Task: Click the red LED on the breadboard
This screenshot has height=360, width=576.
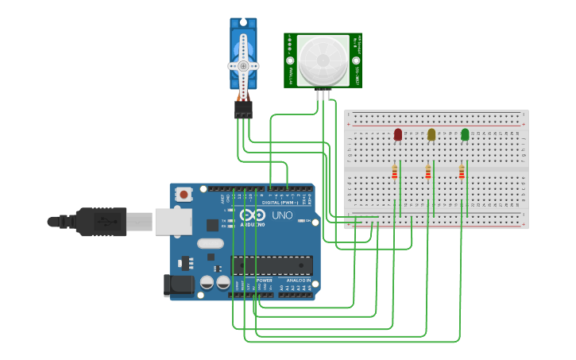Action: [x=398, y=134]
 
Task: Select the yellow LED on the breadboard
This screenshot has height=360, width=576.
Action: [x=431, y=134]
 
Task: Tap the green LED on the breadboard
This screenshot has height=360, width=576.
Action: [x=465, y=134]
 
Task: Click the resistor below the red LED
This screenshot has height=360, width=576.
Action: [x=395, y=172]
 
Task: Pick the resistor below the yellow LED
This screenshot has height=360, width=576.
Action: [x=428, y=172]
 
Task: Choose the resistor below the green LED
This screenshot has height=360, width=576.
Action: [x=462, y=172]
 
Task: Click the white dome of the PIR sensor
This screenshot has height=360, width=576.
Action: [x=323, y=60]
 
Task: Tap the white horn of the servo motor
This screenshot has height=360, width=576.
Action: [x=243, y=66]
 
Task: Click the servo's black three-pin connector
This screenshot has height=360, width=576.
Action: [x=243, y=109]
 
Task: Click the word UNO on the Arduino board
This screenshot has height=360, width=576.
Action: [x=283, y=215]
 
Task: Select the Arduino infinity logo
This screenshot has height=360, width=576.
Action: [x=253, y=215]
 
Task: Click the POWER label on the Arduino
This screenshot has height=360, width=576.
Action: [x=264, y=281]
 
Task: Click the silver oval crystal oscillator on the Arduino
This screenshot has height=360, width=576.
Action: [x=211, y=244]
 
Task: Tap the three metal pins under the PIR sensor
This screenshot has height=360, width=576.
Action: [x=323, y=94]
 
